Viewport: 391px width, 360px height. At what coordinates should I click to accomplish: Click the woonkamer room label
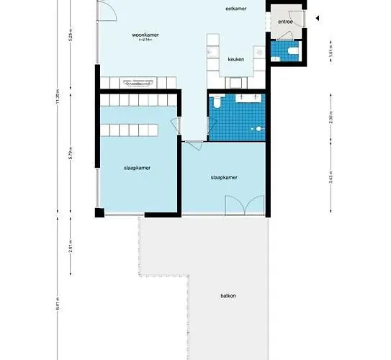coord(145,34)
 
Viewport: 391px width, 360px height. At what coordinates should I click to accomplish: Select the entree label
coord(285,23)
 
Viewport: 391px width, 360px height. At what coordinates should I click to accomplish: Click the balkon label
coord(229,296)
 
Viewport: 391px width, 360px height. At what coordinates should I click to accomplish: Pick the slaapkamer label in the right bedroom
coord(224,176)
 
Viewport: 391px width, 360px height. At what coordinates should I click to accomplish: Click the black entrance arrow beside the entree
coord(318,22)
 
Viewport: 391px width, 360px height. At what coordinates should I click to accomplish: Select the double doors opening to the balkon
coord(246,207)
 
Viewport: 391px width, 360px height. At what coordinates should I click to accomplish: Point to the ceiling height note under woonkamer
coord(145,40)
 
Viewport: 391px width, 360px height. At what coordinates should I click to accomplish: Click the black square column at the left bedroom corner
coord(99,212)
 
